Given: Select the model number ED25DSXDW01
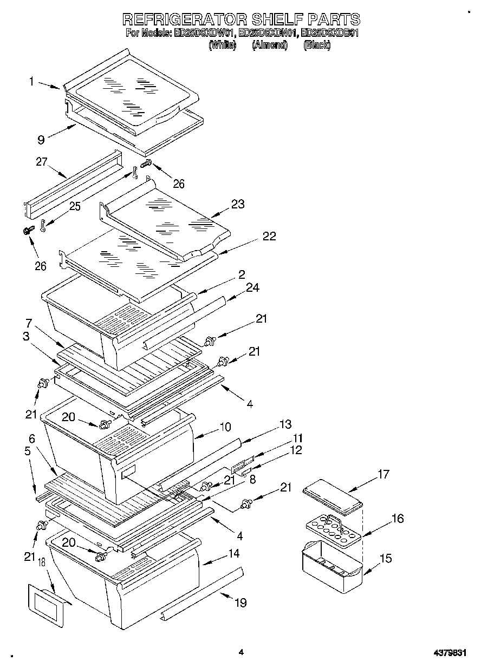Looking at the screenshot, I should pyautogui.click(x=204, y=33).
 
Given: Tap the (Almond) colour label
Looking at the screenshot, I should pyautogui.click(x=269, y=45).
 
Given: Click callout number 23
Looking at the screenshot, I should pyautogui.click(x=237, y=204).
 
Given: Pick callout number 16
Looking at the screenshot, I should pyautogui.click(x=397, y=519).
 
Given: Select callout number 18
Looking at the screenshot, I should pyautogui.click(x=42, y=563).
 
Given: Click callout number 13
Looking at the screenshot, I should pyautogui.click(x=285, y=424).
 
